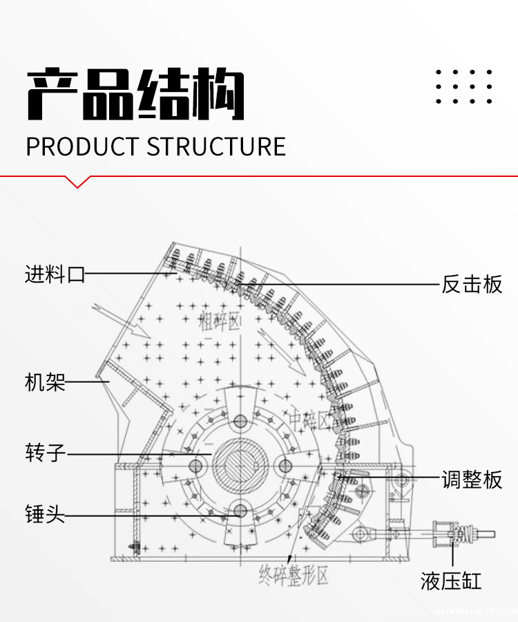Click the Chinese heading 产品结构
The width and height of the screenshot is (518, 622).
click(x=135, y=95)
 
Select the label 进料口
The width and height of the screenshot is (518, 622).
click(x=55, y=274)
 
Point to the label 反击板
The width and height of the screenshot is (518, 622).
click(x=472, y=284)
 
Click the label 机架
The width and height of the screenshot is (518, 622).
click(x=45, y=381)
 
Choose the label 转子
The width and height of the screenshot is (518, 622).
click(x=45, y=453)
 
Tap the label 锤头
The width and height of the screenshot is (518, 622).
click(x=45, y=515)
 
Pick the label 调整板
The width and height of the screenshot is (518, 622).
click(x=472, y=479)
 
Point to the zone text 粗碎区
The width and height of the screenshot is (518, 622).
click(x=219, y=321)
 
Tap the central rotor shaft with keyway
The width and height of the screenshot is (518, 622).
click(x=240, y=465)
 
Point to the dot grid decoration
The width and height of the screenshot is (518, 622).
click(x=464, y=87)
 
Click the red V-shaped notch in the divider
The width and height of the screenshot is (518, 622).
click(x=77, y=182)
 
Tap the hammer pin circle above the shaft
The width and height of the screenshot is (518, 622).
click(x=240, y=421)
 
